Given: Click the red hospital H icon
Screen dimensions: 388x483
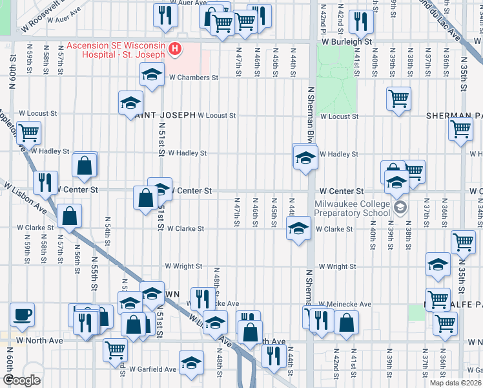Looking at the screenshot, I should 174,49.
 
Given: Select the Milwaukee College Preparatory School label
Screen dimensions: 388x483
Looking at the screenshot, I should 353,207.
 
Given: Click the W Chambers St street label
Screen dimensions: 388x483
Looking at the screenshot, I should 193,77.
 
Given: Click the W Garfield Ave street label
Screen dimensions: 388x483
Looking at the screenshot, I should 152,369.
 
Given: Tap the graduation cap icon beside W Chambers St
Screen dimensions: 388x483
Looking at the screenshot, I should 152,74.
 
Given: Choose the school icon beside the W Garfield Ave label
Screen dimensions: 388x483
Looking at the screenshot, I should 191,363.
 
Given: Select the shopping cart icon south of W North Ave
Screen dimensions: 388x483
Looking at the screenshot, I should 116,350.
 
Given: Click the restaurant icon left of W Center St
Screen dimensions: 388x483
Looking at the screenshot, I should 45,183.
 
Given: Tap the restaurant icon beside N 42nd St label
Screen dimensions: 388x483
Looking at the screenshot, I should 362,22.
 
